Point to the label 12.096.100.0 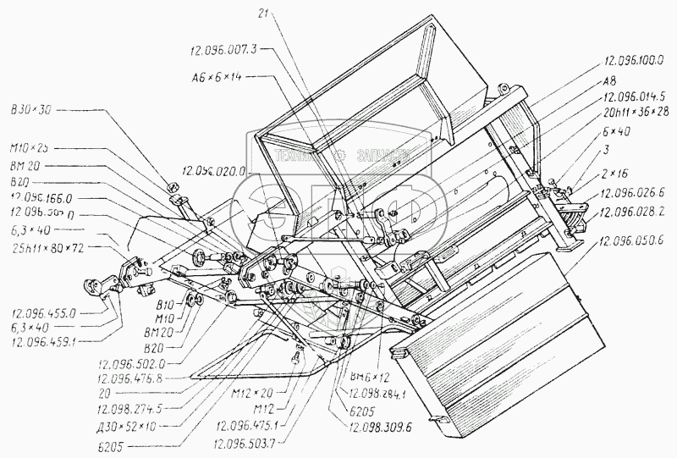634,61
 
